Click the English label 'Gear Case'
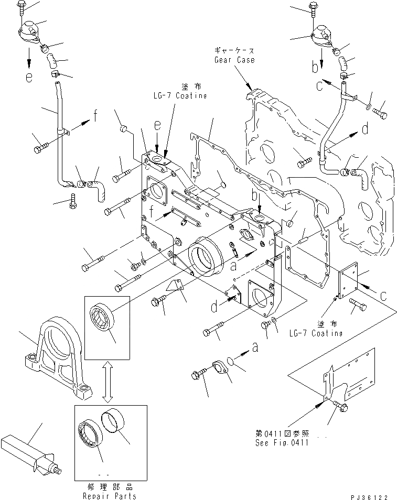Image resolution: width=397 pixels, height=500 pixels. [234, 60]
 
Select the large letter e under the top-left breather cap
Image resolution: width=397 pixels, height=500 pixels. [29, 78]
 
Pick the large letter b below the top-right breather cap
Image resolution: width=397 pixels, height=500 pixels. [314, 67]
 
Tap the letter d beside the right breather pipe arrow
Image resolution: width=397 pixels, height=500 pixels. [365, 127]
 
